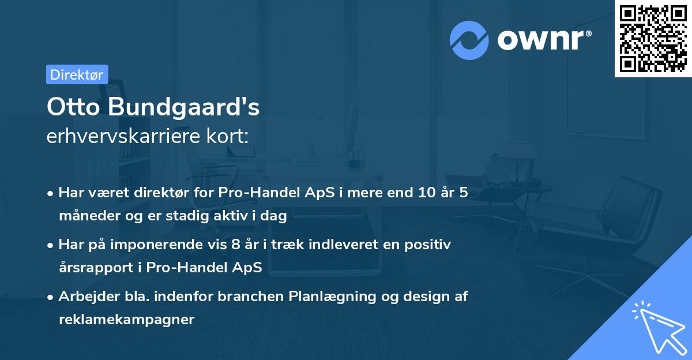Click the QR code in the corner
point(653,39)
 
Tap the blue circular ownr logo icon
point(469,40)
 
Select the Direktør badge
point(77,74)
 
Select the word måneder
point(85,216)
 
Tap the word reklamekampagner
point(126,320)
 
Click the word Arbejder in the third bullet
point(84,297)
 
